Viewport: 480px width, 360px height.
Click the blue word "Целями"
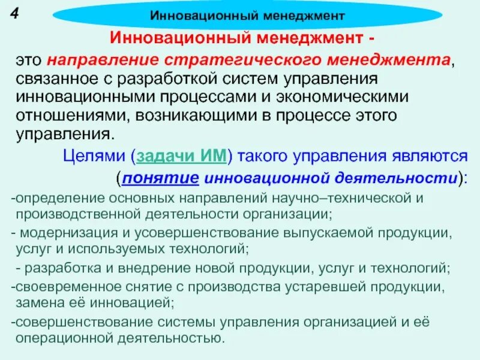coord(94,157)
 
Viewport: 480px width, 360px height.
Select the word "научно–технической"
coord(349,199)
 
